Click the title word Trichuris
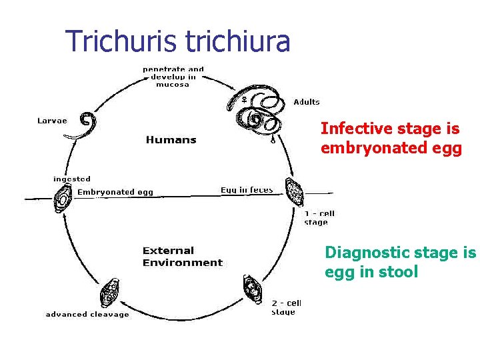[122, 41]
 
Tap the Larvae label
[51, 121]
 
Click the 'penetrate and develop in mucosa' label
[173, 77]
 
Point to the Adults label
[307, 102]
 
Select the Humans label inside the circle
[171, 139]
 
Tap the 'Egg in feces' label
[247, 190]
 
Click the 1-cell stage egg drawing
[293, 193]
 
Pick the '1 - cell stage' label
[319, 218]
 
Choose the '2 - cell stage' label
[287, 307]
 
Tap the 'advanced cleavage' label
[87, 315]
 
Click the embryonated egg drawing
[64, 198]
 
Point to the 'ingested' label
[71, 179]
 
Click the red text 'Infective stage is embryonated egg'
[391, 138]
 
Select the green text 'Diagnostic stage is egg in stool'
[400, 262]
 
